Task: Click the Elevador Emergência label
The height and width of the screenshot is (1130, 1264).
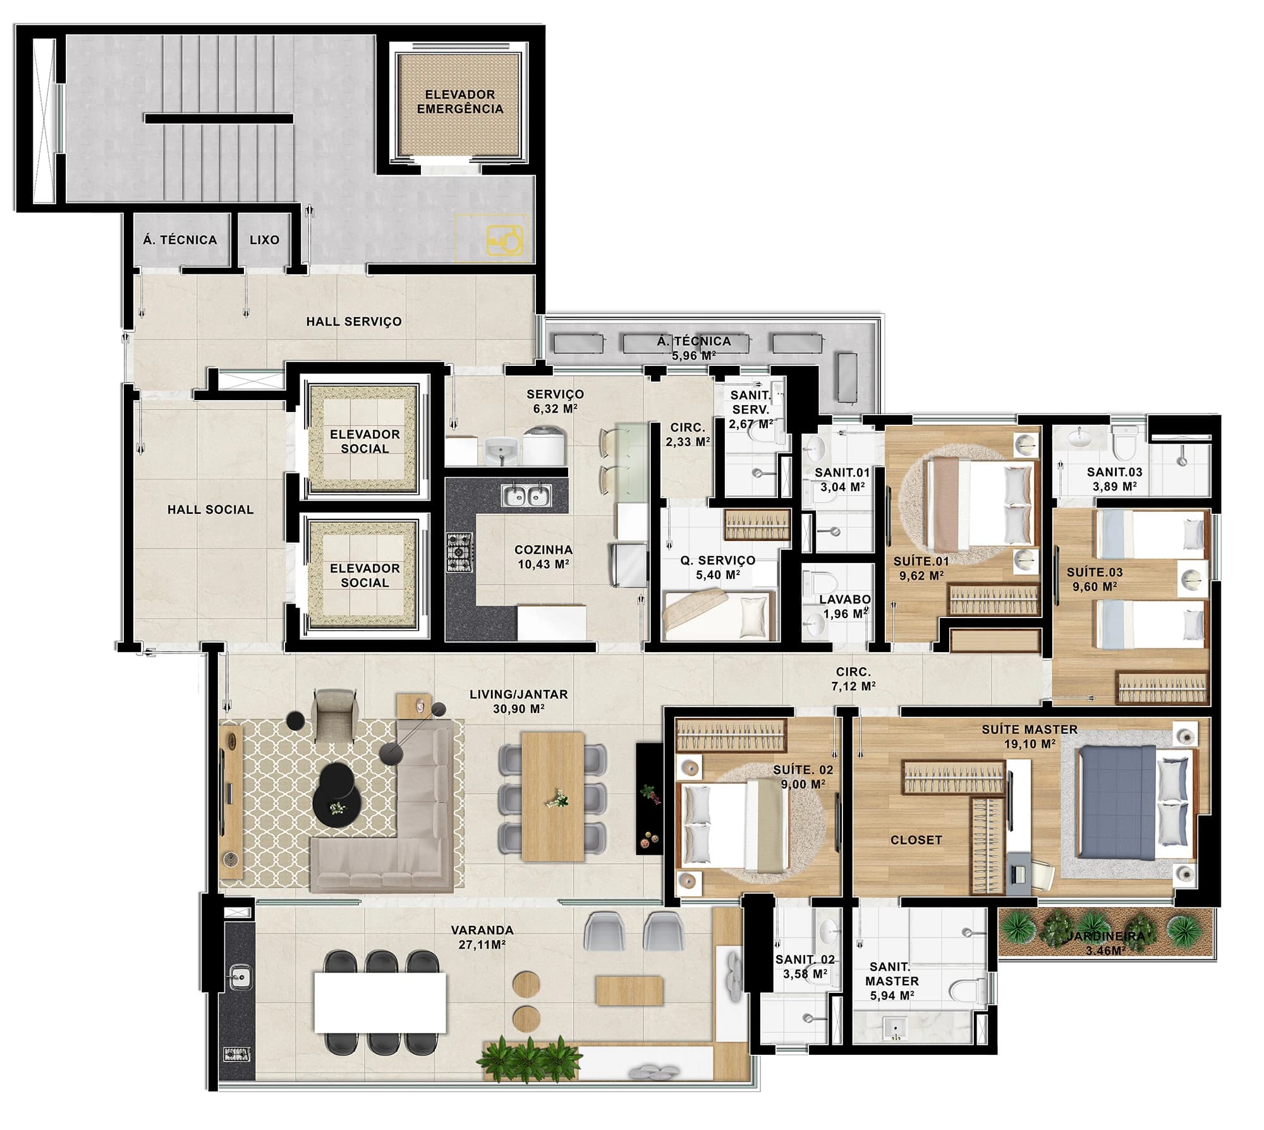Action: [459, 102]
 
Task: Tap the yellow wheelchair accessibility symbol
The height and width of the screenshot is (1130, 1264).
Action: [505, 241]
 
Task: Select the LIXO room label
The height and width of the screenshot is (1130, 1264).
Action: [264, 240]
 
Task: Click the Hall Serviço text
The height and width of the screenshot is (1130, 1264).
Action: [354, 322]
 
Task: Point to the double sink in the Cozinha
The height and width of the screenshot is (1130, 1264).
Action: [526, 495]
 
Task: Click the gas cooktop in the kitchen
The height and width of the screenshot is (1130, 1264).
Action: [460, 553]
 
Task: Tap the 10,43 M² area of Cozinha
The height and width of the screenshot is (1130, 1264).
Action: [544, 564]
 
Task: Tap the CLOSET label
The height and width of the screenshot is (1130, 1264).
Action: [916, 841]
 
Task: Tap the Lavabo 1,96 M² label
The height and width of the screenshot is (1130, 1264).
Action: [845, 606]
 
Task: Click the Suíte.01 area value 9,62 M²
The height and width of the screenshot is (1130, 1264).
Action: [921, 576]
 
